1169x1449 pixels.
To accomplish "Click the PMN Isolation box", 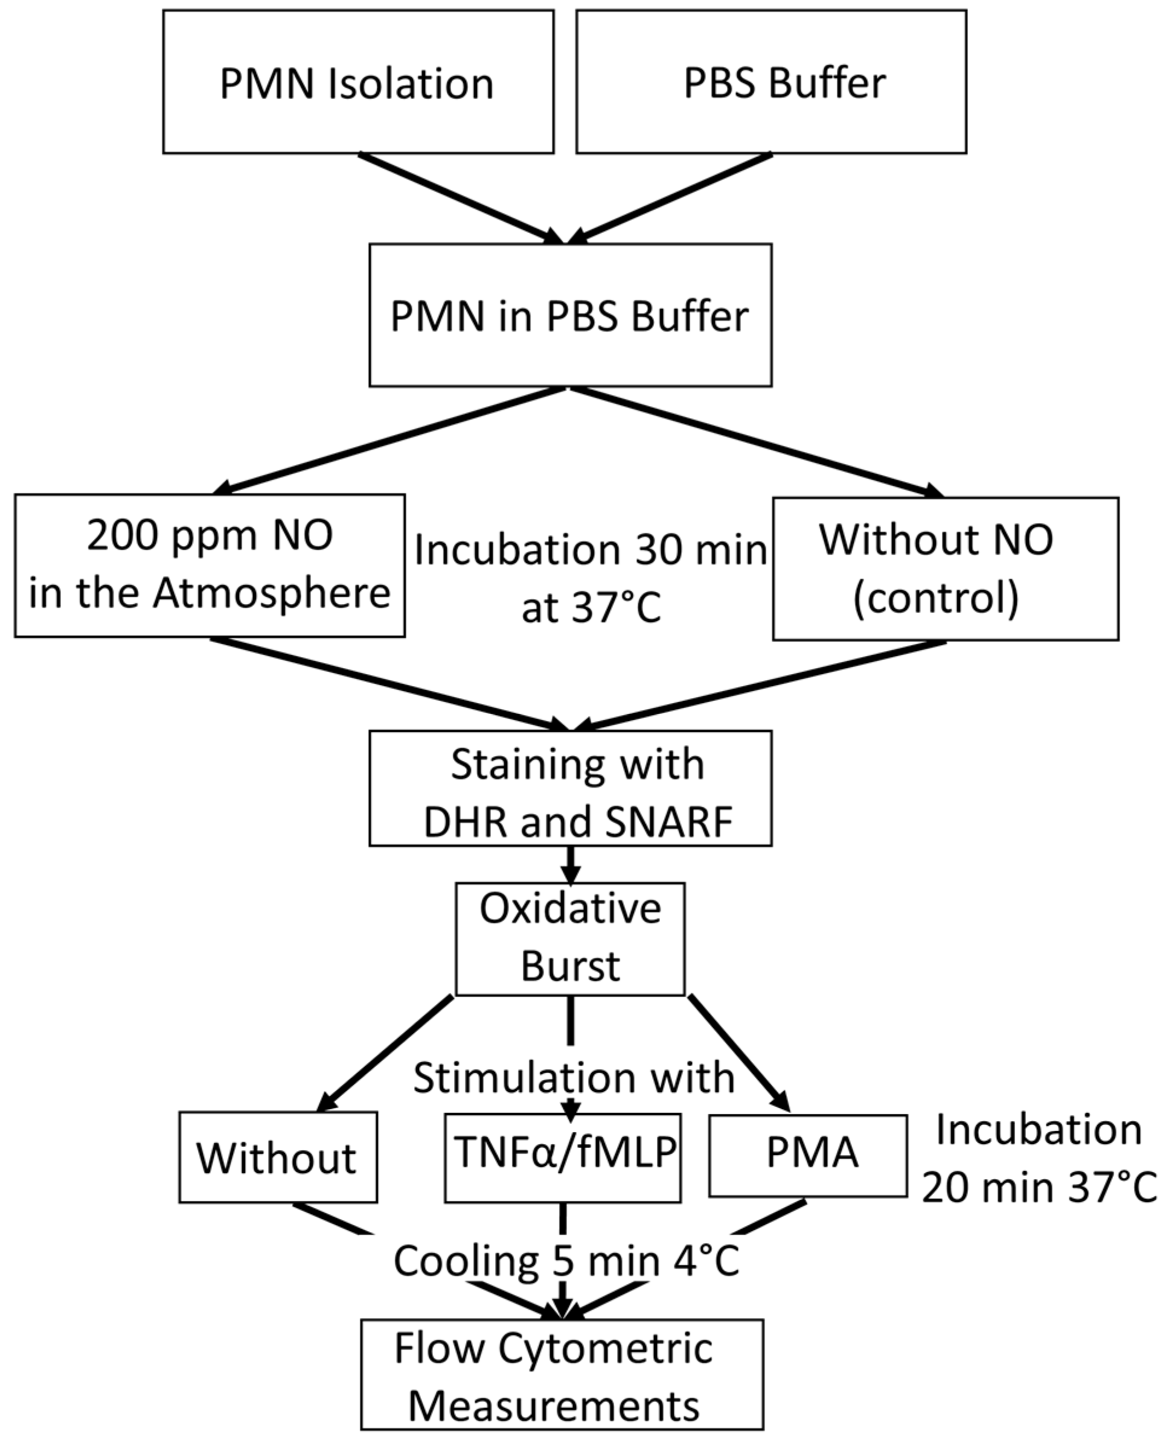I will (x=357, y=82).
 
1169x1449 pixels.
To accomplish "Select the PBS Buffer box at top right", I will (x=771, y=82).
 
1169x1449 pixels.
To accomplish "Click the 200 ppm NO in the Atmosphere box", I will (x=210, y=565).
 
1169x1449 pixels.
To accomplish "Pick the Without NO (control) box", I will (x=946, y=568).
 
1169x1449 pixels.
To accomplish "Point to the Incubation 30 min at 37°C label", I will (x=590, y=578).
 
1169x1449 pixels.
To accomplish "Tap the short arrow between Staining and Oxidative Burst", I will (x=571, y=864).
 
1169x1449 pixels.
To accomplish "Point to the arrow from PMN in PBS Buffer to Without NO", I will (x=754, y=442).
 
